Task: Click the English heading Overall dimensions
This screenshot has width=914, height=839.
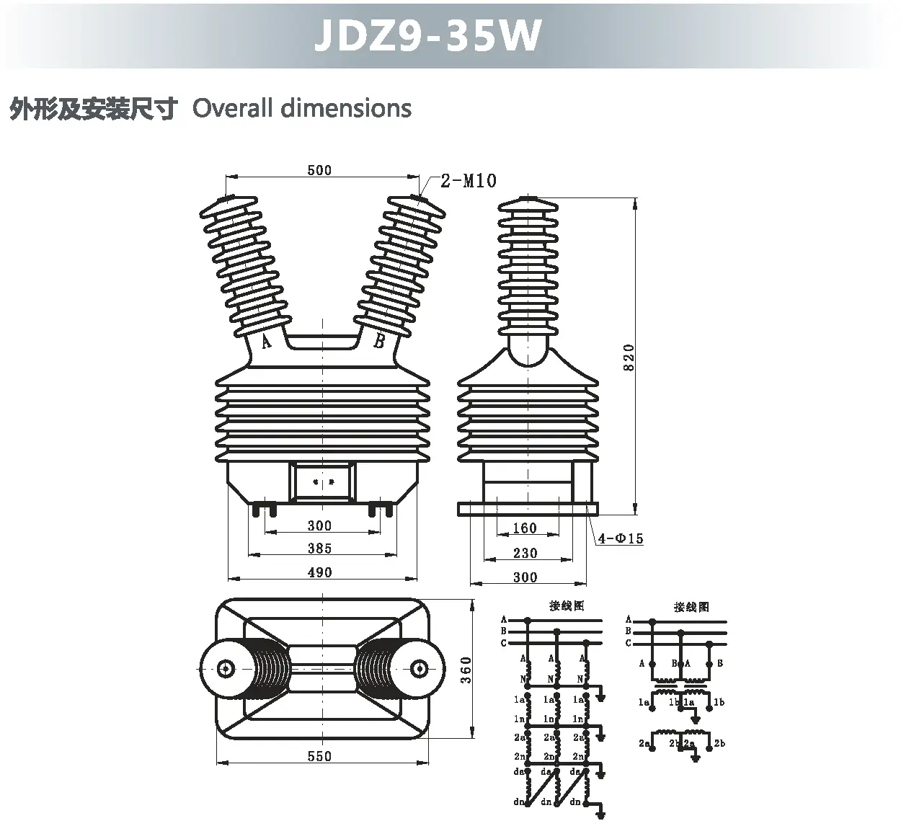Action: point(302,108)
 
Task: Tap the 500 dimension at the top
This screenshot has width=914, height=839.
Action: point(319,170)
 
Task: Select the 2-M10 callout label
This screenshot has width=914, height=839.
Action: point(469,180)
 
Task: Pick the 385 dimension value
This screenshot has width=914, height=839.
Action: point(319,549)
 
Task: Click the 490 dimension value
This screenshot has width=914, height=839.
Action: point(319,572)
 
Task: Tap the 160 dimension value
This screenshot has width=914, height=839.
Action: point(525,528)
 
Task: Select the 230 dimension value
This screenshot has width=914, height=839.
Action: point(525,553)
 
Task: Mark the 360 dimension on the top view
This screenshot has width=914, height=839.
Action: point(466,670)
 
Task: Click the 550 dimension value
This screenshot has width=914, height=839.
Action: point(319,756)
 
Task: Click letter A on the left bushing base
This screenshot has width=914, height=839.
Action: point(266,342)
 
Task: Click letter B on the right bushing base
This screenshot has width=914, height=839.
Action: point(379,342)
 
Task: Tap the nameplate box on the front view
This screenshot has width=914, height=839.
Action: point(322,481)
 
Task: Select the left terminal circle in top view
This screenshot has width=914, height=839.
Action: point(226,668)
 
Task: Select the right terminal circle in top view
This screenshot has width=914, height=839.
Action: point(417,668)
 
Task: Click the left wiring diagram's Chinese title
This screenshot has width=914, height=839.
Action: point(567,606)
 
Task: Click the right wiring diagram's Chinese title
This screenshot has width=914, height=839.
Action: point(691,607)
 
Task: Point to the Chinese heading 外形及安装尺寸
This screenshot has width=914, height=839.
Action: point(93,109)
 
